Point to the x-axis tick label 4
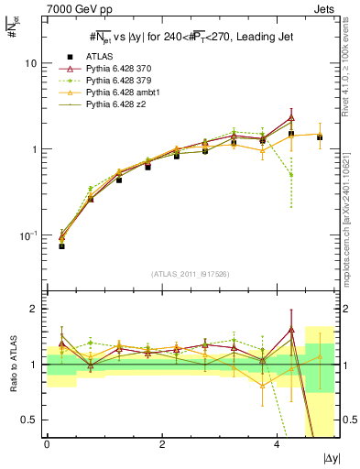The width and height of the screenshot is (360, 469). [x=277, y=444]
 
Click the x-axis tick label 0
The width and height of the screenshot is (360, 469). [x=47, y=444]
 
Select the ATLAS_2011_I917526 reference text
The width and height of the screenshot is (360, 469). [x=190, y=274]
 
